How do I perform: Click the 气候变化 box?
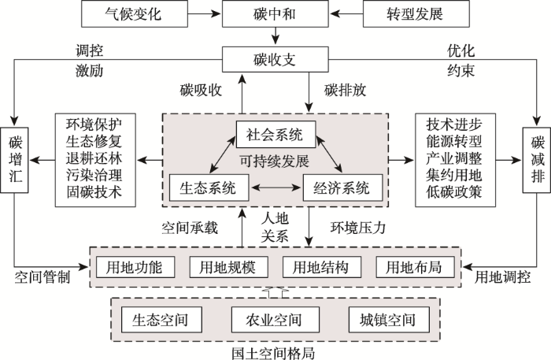tap(135, 13)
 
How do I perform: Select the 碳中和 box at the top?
tap(275, 13)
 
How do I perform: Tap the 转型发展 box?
tap(416, 13)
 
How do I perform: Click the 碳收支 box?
tap(275, 59)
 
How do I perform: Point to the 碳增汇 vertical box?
tap(14, 161)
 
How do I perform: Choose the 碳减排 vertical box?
tap(537, 161)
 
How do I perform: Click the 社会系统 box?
tap(275, 135)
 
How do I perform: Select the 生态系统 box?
tap(209, 187)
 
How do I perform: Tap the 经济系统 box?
tap(342, 187)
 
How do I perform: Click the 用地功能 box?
tap(135, 267)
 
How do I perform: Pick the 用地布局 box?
tap(415, 267)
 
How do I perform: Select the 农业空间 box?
tap(275, 320)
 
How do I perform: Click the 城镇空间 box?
tap(389, 320)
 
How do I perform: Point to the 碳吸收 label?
tap(201, 91)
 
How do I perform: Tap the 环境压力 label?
tap(357, 228)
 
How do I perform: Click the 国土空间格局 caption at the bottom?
tap(273, 353)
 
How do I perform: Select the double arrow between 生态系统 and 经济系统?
tap(275, 187)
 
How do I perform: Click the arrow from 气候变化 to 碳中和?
tap(205, 13)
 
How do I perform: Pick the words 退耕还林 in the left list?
tap(94, 158)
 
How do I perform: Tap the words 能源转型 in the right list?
tap(453, 141)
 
